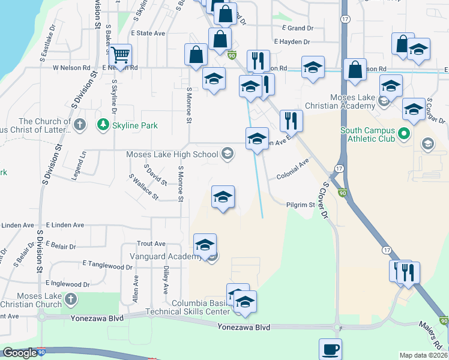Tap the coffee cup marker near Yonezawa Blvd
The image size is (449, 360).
pos(330,349)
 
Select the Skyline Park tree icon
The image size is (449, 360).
pos(103,125)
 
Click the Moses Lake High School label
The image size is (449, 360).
pos(172,154)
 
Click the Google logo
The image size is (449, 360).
pos(20,353)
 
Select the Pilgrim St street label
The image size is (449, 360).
pos(301,205)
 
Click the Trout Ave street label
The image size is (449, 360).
pos(151,244)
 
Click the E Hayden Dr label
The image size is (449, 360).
pos(292,42)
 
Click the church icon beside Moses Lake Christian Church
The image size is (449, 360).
pos(71,298)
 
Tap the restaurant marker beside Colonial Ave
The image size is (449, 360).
pos(289,120)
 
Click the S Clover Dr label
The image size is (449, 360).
pos(324,200)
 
